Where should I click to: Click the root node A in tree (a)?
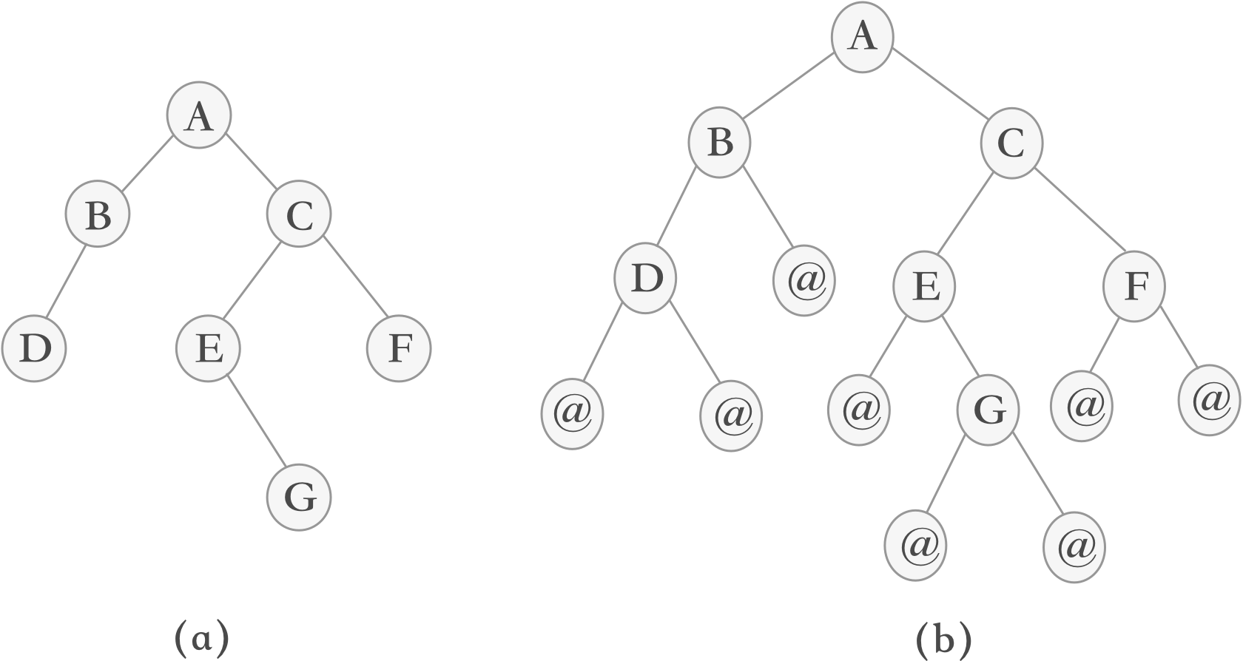198,117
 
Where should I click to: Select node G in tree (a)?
299,498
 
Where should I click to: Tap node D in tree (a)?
34,349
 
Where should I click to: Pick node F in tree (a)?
399,349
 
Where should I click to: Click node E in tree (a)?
209,349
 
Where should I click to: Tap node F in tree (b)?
1134,287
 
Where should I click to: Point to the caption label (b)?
944,637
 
